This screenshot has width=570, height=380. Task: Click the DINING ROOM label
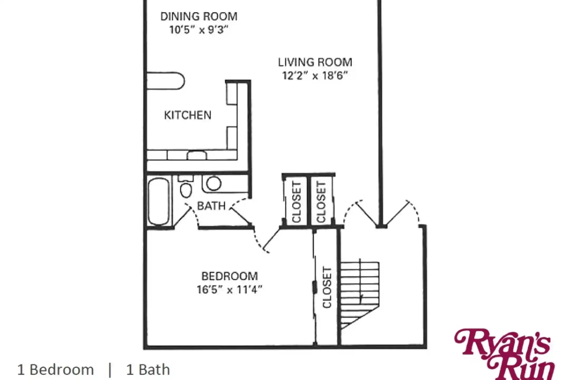coord(199,16)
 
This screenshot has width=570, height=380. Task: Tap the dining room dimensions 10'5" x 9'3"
coord(199,30)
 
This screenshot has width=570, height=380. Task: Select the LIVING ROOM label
coord(315,62)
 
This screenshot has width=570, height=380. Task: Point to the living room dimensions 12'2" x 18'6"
coord(315,75)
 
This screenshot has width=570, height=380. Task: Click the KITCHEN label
coord(188,115)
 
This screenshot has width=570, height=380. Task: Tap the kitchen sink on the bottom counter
coord(197,155)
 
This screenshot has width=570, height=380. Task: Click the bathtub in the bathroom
coord(159,202)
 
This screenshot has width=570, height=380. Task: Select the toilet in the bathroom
coord(186,186)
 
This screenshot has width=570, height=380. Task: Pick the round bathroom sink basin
coord(214,183)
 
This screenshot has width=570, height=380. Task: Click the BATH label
coord(211,206)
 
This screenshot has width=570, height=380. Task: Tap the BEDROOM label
coord(230,276)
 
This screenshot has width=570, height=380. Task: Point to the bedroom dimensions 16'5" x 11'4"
coord(230,289)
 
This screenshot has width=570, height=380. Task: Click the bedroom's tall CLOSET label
coord(327,287)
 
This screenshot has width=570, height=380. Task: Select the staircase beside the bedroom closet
coord(360,294)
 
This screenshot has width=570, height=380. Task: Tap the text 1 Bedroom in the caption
coord(55,370)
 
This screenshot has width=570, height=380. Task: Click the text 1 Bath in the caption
coord(148,370)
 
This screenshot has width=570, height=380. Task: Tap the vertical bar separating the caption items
coord(110,370)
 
